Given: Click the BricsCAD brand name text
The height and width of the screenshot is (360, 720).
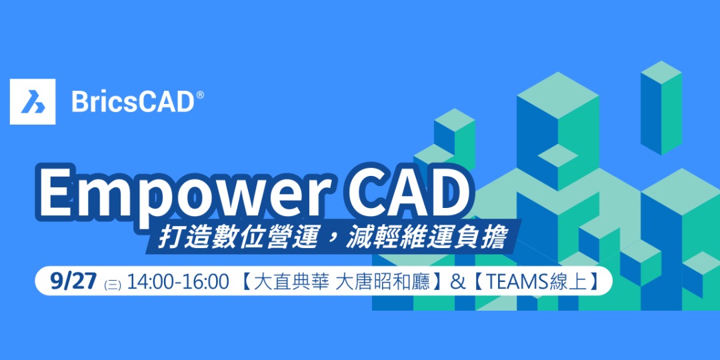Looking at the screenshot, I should [x=132, y=102].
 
